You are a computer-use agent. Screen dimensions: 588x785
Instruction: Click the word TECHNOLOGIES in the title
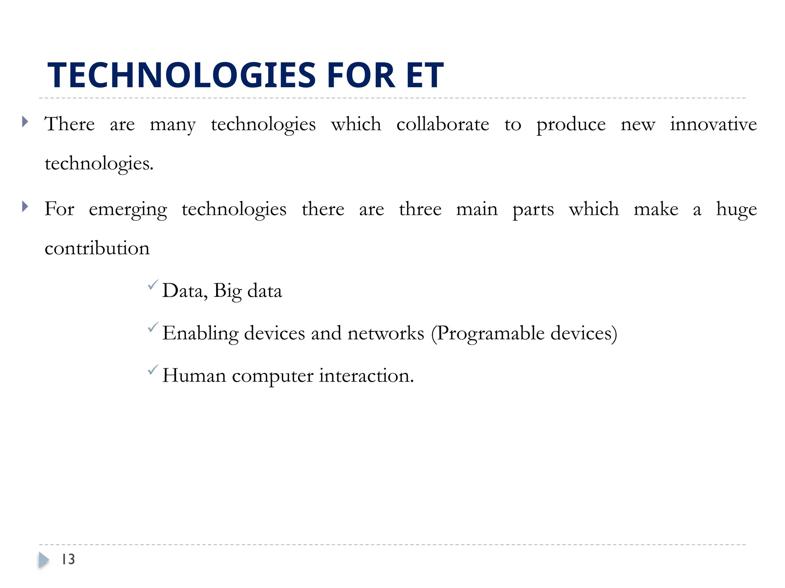181,75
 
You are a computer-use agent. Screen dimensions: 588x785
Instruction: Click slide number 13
68,559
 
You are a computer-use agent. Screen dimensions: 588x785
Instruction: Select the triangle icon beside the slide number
44,560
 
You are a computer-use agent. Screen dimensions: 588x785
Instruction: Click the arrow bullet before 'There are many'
25,122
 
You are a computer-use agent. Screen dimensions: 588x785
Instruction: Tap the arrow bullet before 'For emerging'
25,207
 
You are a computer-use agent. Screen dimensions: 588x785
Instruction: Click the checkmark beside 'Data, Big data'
153,285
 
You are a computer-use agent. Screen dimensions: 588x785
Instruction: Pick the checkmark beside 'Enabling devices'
153,327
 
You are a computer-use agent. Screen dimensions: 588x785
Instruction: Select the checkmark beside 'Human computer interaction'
153,370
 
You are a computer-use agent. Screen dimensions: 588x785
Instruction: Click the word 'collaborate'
443,124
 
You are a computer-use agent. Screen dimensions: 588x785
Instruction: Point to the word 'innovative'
713,124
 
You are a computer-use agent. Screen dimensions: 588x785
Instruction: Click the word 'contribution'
97,248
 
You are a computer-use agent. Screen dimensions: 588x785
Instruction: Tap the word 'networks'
386,333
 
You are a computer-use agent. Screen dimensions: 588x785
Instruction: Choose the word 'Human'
194,376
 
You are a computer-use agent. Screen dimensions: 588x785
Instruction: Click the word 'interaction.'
366,376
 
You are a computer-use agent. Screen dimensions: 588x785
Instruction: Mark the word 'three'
420,209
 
